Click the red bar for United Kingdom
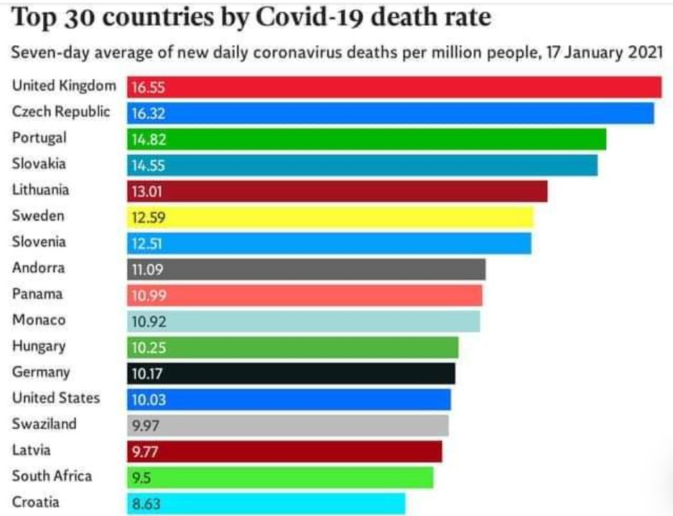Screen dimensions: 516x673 (x=394, y=88)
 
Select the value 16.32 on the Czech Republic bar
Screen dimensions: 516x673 (x=147, y=113)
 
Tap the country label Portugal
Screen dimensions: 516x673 (x=40, y=138)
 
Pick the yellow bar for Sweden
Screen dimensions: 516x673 (x=330, y=217)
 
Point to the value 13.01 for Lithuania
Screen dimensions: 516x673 (x=147, y=192)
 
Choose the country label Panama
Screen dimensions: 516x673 (x=37, y=294)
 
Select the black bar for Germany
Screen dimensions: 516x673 (x=291, y=373)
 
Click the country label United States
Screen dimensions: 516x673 (x=56, y=398)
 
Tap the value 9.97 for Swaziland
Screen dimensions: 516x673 (x=147, y=426)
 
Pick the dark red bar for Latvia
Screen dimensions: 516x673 (x=284, y=451)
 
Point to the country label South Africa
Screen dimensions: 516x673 (x=52, y=476)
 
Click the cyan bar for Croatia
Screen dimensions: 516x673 (x=266, y=503)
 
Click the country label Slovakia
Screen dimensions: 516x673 (x=39, y=164)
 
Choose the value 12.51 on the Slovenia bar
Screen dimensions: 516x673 (x=147, y=243)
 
